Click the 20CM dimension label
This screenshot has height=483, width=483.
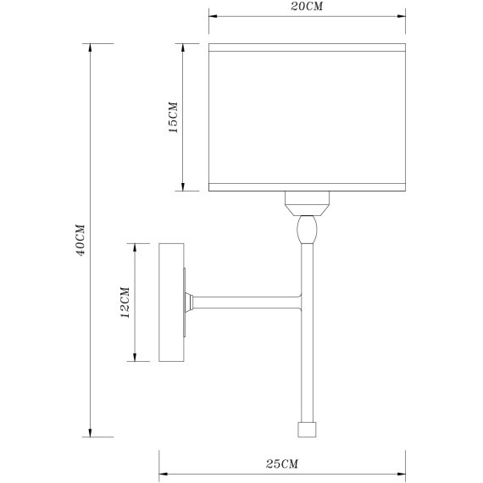[307, 7]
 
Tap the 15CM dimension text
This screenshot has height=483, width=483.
[174, 118]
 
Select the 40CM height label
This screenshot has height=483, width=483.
[80, 241]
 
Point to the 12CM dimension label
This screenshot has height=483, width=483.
[125, 303]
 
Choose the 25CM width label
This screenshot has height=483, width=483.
[282, 464]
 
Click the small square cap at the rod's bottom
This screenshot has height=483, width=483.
[307, 430]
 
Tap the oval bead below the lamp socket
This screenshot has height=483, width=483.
[307, 229]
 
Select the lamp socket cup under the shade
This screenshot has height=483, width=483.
[307, 203]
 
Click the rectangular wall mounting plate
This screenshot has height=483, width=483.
[171, 303]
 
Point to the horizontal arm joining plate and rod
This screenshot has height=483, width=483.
[247, 303]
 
